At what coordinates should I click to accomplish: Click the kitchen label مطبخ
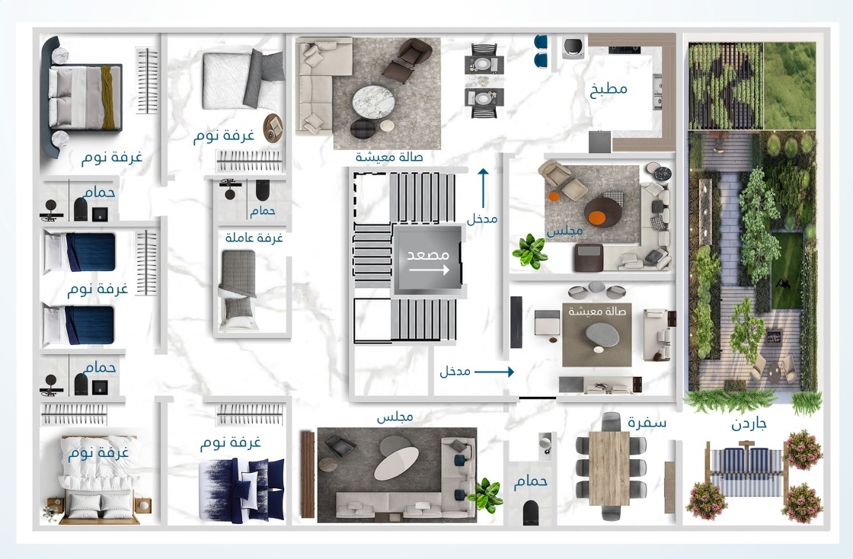click(609, 89)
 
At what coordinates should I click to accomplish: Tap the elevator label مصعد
click(428, 254)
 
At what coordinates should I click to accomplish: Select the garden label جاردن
click(749, 423)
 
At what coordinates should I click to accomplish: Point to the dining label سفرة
click(647, 423)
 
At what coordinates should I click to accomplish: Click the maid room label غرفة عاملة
click(254, 238)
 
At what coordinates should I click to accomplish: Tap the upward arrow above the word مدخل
click(483, 188)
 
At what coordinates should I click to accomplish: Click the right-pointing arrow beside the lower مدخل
click(494, 372)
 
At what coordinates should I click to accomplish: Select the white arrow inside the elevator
click(430, 270)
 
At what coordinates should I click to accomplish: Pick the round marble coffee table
click(372, 101)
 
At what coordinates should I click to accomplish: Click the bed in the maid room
click(238, 290)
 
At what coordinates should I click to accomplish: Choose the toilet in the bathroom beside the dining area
click(531, 513)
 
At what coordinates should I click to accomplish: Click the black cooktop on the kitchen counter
click(624, 50)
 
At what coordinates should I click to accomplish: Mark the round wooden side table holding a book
click(273, 129)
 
